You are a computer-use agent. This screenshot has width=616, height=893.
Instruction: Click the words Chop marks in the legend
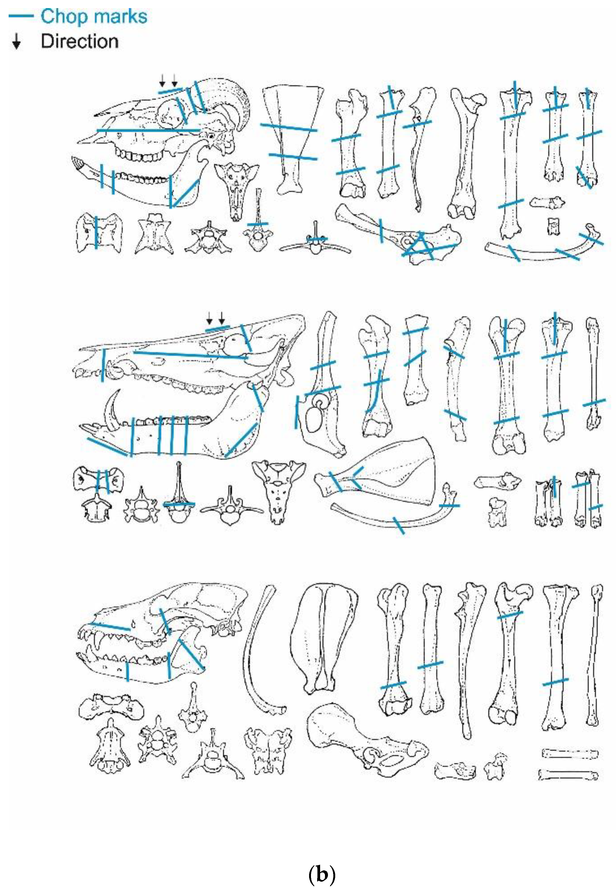(94, 17)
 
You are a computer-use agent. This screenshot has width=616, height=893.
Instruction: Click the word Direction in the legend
(79, 41)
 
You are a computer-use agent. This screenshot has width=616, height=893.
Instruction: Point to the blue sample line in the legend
(21, 17)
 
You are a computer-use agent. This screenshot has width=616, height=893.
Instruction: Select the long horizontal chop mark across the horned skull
(148, 130)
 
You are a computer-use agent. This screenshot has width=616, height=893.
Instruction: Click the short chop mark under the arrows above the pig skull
(217, 329)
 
